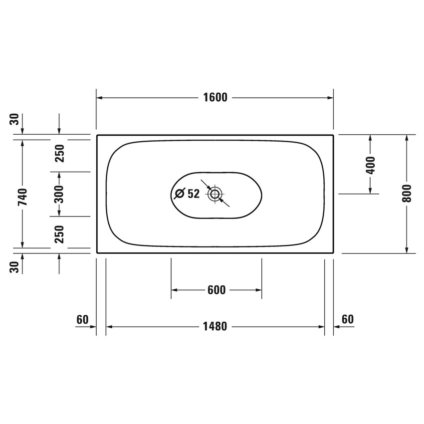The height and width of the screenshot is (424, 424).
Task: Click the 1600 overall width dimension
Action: pyautogui.click(x=215, y=98)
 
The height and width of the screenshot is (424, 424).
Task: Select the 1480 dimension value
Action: pyautogui.click(x=215, y=327)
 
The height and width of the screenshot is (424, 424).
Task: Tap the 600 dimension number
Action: pyautogui.click(x=216, y=290)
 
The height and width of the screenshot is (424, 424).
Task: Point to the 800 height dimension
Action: pyautogui.click(x=407, y=194)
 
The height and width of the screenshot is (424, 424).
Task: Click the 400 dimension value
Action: pyautogui.click(x=371, y=165)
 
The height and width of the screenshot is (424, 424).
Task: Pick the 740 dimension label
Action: pyautogui.click(x=23, y=197)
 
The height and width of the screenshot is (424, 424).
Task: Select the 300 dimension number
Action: pyautogui.click(x=59, y=194)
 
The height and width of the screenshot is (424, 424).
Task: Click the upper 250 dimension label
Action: pyautogui.click(x=59, y=153)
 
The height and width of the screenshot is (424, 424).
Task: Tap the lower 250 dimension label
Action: pyautogui.click(x=59, y=234)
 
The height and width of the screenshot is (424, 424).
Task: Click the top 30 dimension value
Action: pyautogui.click(x=15, y=119)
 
